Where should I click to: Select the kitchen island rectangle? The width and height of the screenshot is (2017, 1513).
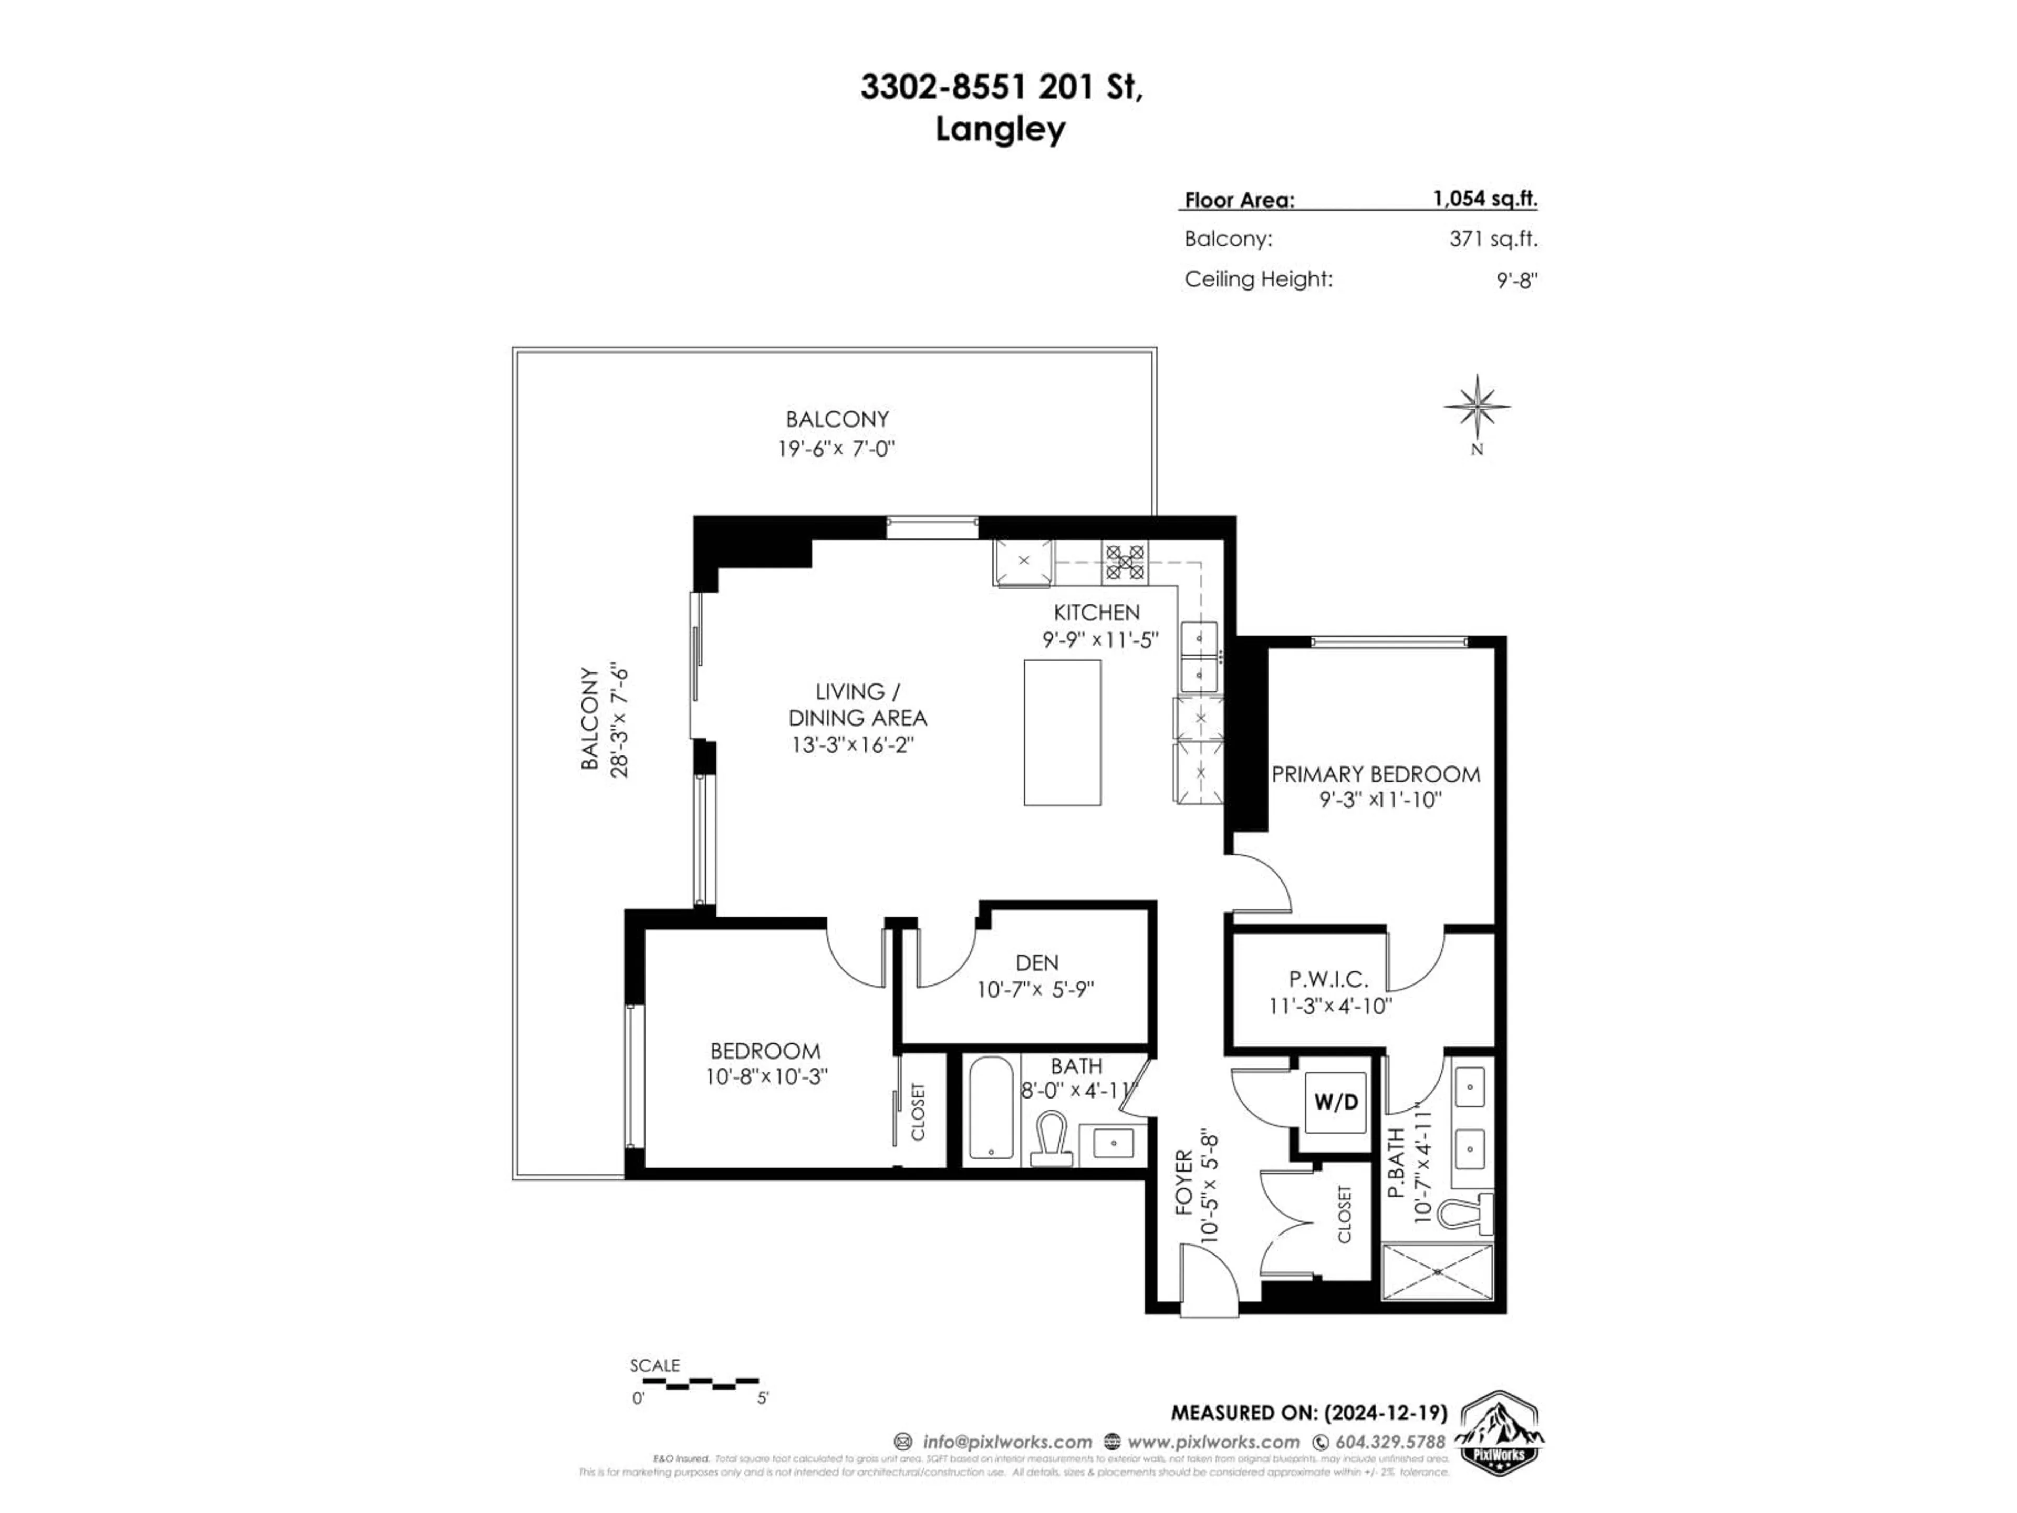[1062, 732]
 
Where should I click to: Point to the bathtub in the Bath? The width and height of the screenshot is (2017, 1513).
[990, 1107]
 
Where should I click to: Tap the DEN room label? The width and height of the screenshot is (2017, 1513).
[1037, 962]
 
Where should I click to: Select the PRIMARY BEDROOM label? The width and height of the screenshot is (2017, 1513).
[1375, 774]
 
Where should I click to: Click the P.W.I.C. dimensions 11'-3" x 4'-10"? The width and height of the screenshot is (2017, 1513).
[1329, 1006]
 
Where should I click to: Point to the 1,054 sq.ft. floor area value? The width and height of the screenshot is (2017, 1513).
[1484, 199]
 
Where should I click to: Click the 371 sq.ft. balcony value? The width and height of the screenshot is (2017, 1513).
[1493, 239]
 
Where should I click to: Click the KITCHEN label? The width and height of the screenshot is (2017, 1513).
[1096, 612]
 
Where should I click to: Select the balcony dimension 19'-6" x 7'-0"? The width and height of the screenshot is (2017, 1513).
[836, 449]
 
